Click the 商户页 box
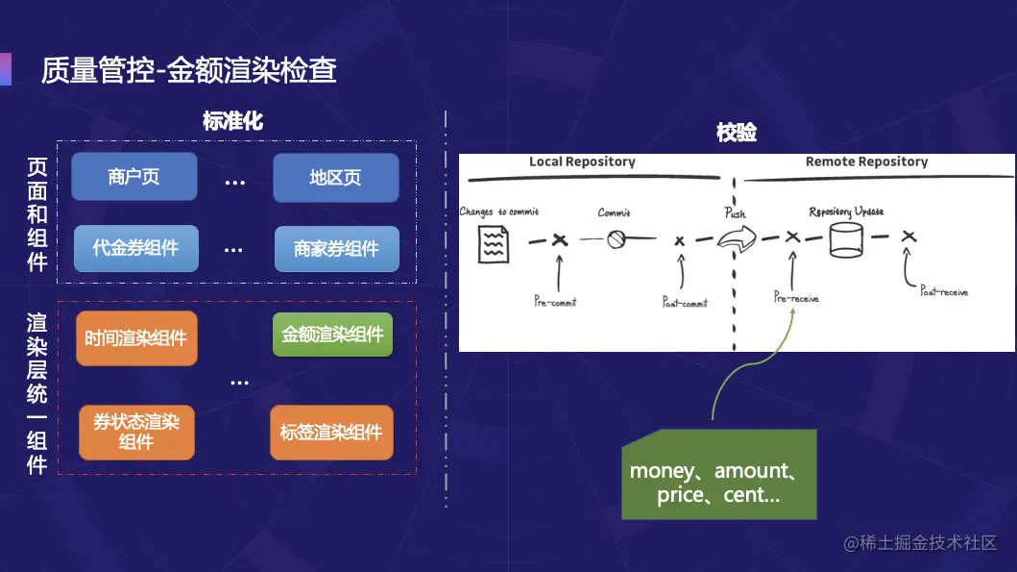click(x=133, y=178)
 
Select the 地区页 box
click(x=335, y=178)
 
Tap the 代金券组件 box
click(x=135, y=248)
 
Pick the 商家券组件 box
click(x=336, y=250)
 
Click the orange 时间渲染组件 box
click(x=135, y=338)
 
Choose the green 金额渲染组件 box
click(x=332, y=335)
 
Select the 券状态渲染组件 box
click(x=136, y=432)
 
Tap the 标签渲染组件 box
click(x=331, y=433)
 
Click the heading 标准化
click(x=232, y=121)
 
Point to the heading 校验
click(x=737, y=133)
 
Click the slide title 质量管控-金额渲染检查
click(x=188, y=70)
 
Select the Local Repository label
click(x=582, y=162)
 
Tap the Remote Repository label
click(x=866, y=162)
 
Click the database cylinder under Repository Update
click(x=845, y=239)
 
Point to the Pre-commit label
click(x=555, y=302)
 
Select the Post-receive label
click(x=944, y=291)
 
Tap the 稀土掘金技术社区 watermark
click(x=921, y=543)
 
